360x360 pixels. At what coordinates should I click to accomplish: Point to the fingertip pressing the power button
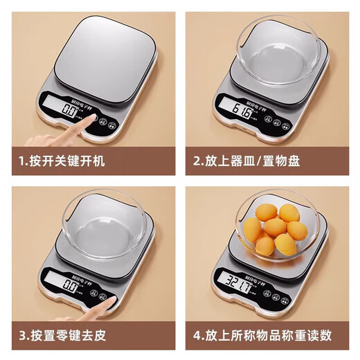[89, 119]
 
